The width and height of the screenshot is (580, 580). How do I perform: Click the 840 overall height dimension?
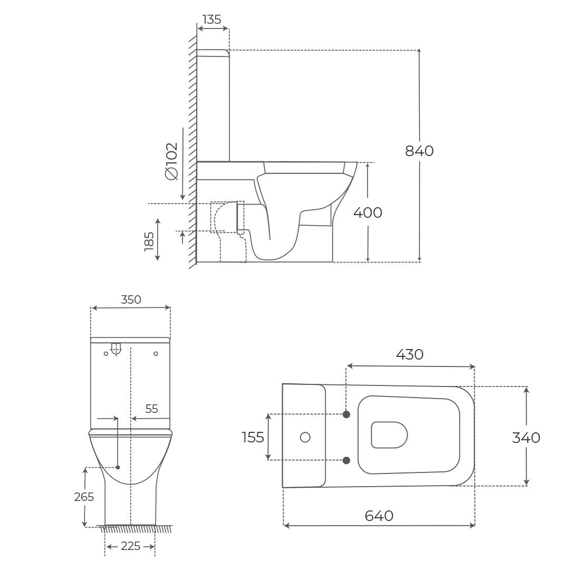click(419, 151)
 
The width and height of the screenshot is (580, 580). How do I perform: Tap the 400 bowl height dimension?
click(368, 212)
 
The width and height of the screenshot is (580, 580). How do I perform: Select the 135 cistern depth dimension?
click(212, 19)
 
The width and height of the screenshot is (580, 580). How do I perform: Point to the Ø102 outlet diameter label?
click(172, 161)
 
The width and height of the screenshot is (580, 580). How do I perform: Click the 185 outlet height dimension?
click(149, 241)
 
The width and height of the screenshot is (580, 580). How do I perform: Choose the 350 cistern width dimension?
click(131, 299)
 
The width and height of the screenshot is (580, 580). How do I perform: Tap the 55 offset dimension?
click(152, 409)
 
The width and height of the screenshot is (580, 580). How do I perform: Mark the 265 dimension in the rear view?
click(84, 497)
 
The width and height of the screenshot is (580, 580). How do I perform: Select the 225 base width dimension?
click(131, 546)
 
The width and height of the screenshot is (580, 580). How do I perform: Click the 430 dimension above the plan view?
click(410, 355)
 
